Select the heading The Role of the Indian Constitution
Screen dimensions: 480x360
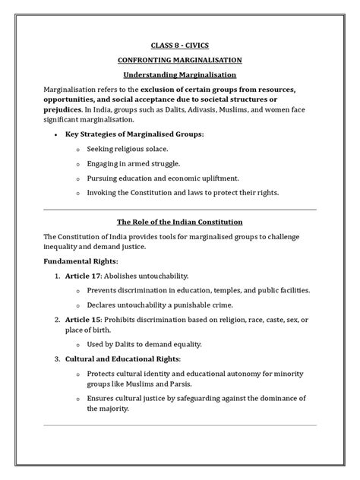(180, 222)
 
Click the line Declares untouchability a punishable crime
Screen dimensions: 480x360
(165, 306)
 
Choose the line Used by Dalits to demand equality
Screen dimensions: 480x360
(153, 343)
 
